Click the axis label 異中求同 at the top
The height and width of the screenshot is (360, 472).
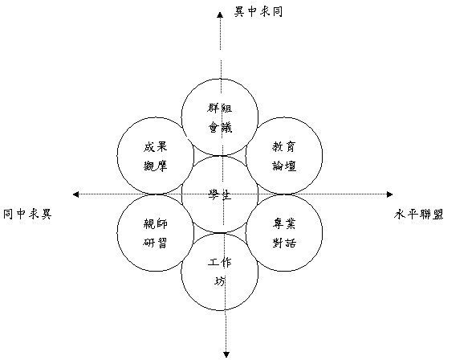coord(258,12)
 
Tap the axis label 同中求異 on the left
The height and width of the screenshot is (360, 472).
coord(27,215)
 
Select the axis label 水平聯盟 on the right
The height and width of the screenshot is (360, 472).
coord(418,215)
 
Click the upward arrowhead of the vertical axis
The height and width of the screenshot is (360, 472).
coord(220,14)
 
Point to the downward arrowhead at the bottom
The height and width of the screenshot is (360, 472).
coord(226,354)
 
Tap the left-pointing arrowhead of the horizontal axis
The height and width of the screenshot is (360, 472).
coord(75,194)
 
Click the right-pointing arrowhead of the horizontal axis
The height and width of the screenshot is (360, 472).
coord(390,194)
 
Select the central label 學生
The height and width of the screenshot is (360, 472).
coord(220,194)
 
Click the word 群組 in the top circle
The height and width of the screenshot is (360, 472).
coord(220,108)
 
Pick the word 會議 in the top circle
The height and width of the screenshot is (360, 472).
coord(220,128)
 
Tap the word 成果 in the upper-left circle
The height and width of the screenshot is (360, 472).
coord(155,147)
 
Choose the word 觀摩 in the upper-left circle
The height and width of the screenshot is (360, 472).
coord(155,166)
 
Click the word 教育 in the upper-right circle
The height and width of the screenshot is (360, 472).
coord(284,147)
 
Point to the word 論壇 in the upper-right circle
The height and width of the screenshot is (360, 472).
coord(284,166)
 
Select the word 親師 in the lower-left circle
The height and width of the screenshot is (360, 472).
coord(155,224)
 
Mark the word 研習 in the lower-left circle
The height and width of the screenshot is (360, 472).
coord(155,243)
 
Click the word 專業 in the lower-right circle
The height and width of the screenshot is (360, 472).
coord(284,224)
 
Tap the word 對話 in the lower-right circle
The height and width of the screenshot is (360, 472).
coord(284,243)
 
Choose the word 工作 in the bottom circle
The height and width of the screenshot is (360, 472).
coord(220,263)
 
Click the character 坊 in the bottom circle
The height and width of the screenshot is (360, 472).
coord(220,281)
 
